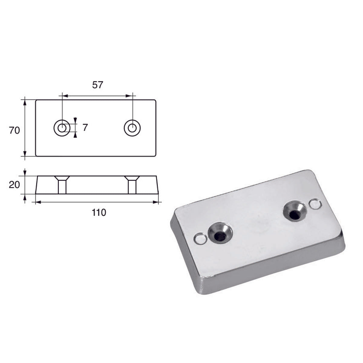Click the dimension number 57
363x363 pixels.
click(97, 85)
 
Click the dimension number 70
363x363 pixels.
click(14, 130)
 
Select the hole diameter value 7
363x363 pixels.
click(85, 128)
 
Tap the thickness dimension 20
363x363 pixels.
click(14, 184)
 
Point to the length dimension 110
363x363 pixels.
click(99, 213)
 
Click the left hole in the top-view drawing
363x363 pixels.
click(62, 128)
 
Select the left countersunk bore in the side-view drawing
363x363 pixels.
click(62, 184)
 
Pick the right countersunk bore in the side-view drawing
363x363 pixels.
click(132, 184)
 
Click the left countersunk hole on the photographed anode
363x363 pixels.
click(220, 233)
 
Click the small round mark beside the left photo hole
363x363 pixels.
click(199, 240)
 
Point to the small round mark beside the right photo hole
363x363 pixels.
click(315, 204)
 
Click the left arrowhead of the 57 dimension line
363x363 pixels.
click(64, 96)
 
